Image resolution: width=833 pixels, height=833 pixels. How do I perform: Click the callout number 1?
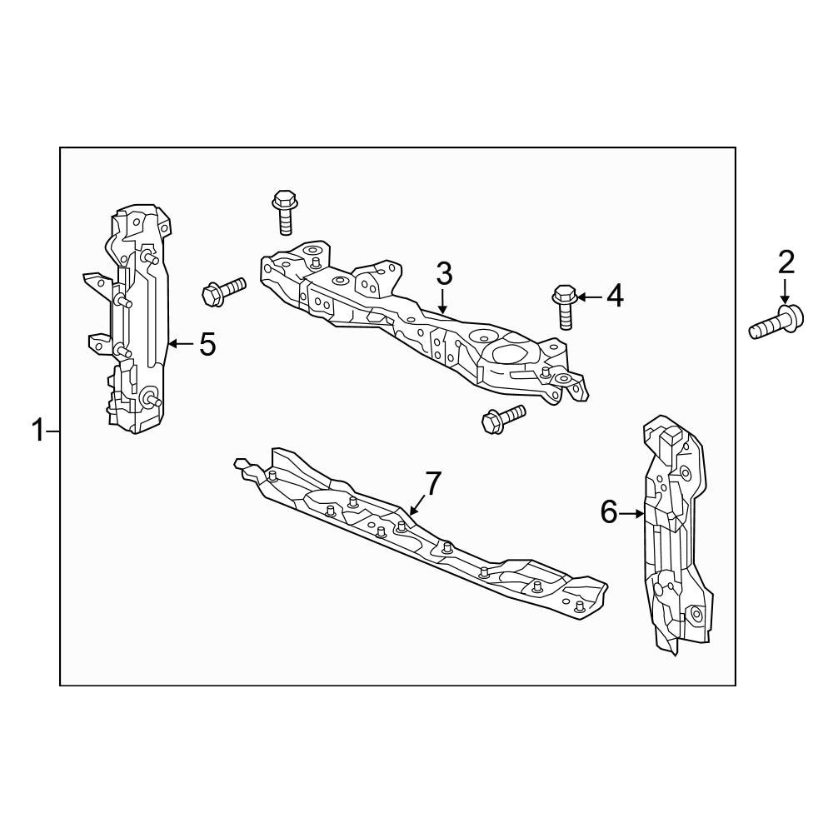pyautogui.click(x=37, y=431)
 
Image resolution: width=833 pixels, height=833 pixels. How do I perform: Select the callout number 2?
pyautogui.click(x=786, y=262)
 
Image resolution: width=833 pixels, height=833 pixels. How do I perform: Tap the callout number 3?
pyautogui.click(x=444, y=273)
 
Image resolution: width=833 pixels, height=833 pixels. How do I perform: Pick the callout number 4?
pyautogui.click(x=616, y=296)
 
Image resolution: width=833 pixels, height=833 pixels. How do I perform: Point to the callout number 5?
pyautogui.click(x=207, y=344)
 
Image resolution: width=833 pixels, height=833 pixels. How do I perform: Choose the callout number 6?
pyautogui.click(x=610, y=512)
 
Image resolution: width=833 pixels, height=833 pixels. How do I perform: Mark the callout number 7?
pyautogui.click(x=433, y=483)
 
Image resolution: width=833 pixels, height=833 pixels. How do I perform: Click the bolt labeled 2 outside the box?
pyautogui.click(x=776, y=321)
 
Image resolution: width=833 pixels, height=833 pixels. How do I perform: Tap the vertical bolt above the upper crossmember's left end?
pyautogui.click(x=285, y=212)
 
